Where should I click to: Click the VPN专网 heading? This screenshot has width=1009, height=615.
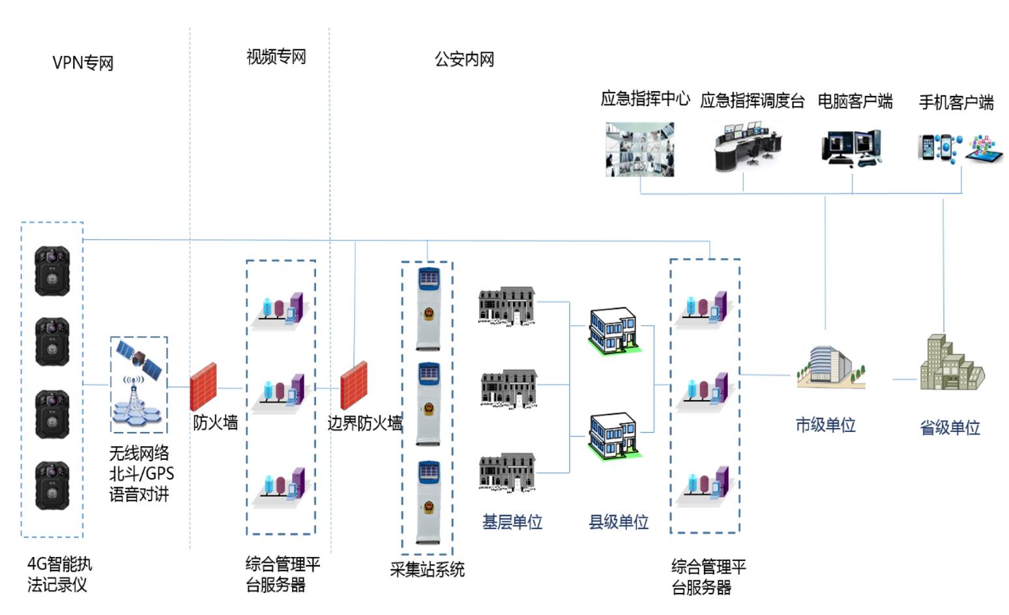tap(83, 63)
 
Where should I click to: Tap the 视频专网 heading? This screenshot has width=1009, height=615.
tap(276, 57)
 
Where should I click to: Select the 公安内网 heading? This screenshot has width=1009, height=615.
tap(464, 60)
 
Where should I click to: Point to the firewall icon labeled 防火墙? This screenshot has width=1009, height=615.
tap(203, 386)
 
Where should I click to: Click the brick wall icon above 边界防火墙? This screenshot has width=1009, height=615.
tap(354, 385)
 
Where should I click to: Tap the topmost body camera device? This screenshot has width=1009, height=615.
tap(52, 270)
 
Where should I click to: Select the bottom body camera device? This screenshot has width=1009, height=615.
tap(52, 485)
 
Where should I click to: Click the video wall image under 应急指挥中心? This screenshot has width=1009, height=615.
tap(639, 149)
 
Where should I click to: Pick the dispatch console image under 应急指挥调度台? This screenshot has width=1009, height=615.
tap(747, 149)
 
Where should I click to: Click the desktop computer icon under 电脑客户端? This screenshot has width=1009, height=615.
tap(851, 148)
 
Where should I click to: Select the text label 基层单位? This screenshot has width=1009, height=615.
tap(512, 522)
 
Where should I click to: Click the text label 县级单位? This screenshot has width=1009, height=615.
tap(619, 522)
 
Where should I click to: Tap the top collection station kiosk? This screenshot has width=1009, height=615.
tap(428, 308)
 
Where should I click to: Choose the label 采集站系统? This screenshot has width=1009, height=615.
tap(427, 569)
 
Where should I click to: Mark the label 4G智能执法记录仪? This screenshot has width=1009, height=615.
tap(59, 574)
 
